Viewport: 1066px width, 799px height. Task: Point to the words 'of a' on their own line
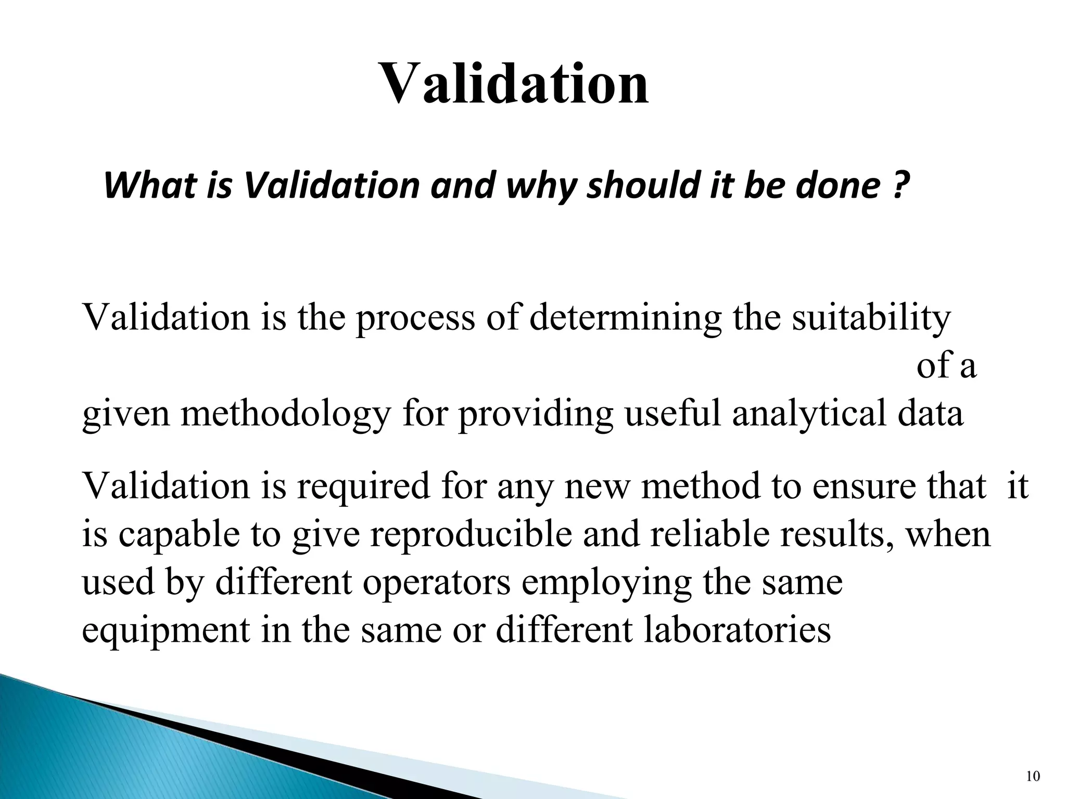coord(946,366)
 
